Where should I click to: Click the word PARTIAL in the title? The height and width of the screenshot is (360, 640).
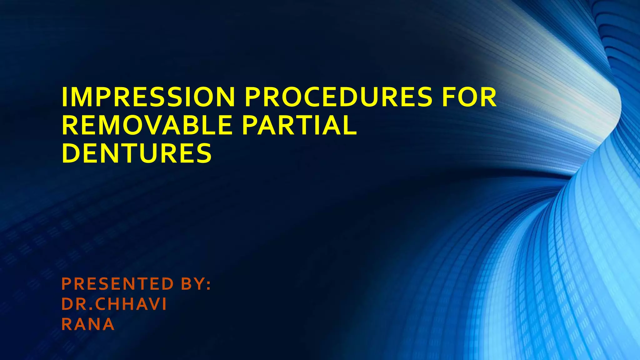tap(299, 125)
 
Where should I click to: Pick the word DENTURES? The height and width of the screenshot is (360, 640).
tap(137, 153)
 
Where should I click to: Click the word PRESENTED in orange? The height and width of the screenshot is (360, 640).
tap(117, 284)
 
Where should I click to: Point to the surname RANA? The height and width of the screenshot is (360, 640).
tap(88, 324)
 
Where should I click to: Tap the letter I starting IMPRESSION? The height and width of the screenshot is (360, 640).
tap(64, 97)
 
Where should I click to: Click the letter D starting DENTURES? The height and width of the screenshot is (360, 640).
tap(70, 153)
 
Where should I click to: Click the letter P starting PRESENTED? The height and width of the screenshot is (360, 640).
tap(67, 284)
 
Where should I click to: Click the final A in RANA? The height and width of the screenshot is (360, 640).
tap(108, 324)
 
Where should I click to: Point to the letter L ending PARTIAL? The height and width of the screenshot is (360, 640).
tap(351, 125)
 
